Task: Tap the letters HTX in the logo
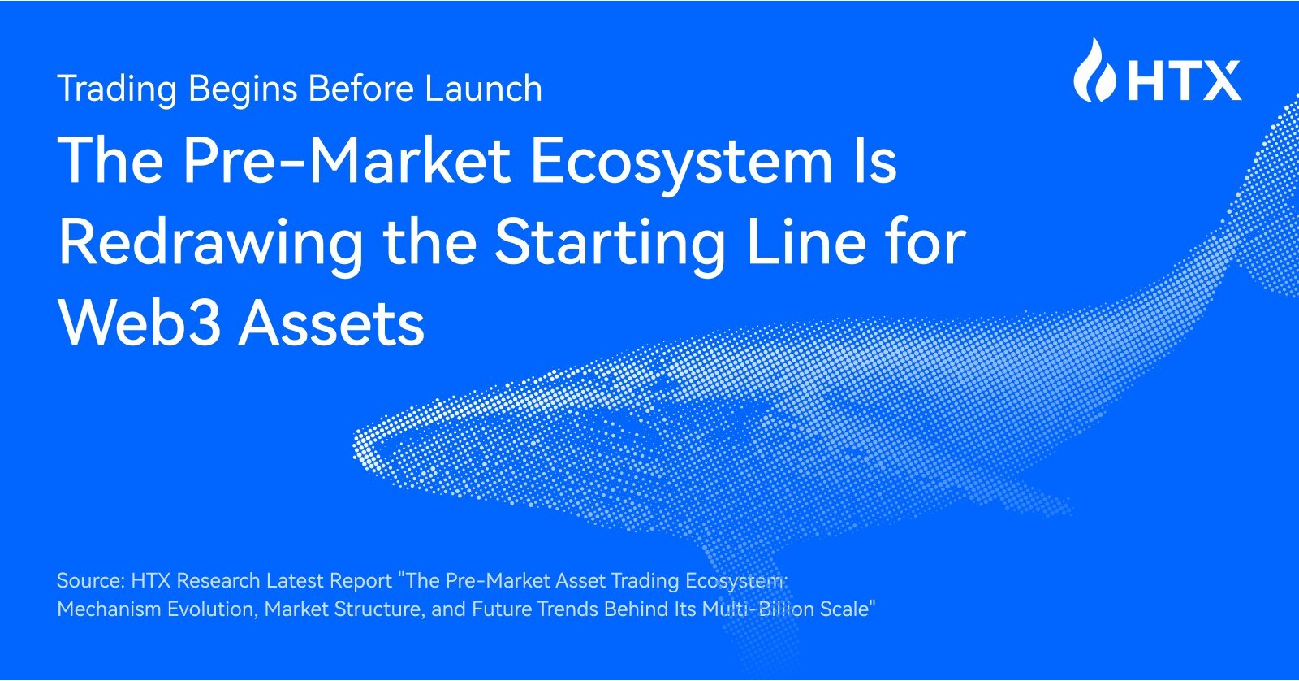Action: pyautogui.click(x=1185, y=80)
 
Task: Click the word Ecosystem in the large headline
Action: pyautogui.click(x=682, y=161)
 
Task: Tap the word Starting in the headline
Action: pyautogui.click(x=611, y=243)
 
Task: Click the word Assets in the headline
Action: pyautogui.click(x=332, y=323)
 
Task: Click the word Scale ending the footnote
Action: pyautogui.click(x=845, y=609)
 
